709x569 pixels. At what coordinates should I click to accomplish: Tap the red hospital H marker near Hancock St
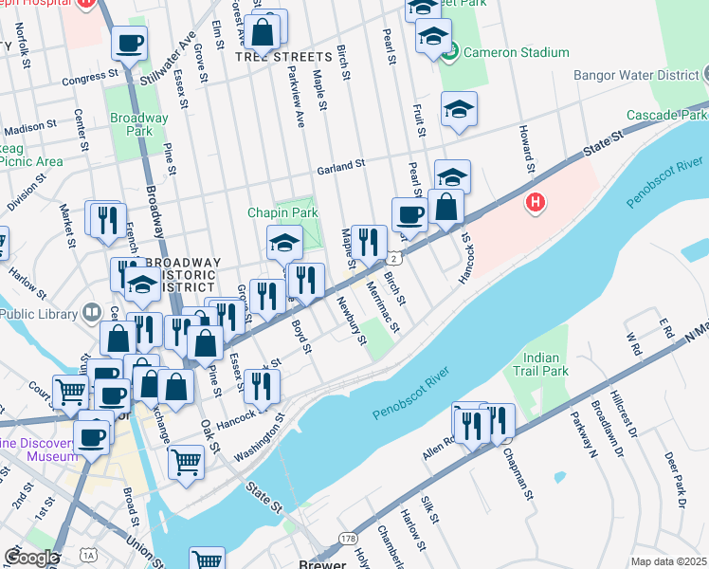click(536, 203)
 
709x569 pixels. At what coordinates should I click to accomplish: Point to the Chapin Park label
click(282, 213)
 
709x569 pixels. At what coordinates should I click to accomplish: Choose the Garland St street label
click(341, 166)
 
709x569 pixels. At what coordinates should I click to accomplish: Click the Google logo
click(30, 557)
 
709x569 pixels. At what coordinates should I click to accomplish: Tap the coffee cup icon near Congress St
click(130, 43)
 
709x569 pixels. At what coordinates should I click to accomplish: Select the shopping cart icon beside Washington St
click(187, 462)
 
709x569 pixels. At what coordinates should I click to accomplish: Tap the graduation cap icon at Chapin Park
click(284, 243)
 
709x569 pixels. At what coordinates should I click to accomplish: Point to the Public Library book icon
click(92, 312)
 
